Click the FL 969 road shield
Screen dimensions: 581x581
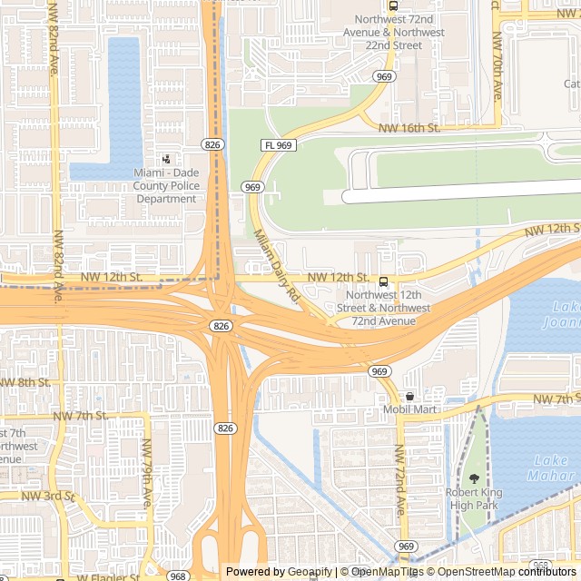(278, 145)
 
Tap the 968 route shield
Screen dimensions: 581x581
(178, 576)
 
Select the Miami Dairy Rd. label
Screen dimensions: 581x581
(276, 265)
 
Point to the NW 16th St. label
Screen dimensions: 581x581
(409, 128)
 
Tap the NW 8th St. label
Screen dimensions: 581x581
(25, 382)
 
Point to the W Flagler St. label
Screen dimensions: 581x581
(107, 576)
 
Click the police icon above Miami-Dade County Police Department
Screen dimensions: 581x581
(165, 159)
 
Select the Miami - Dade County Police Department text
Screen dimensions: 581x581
(165, 186)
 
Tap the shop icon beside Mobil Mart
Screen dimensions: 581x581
(409, 396)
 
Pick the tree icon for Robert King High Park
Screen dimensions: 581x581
(473, 478)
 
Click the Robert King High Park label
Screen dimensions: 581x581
(473, 498)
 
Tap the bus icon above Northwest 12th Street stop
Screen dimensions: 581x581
(383, 281)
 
